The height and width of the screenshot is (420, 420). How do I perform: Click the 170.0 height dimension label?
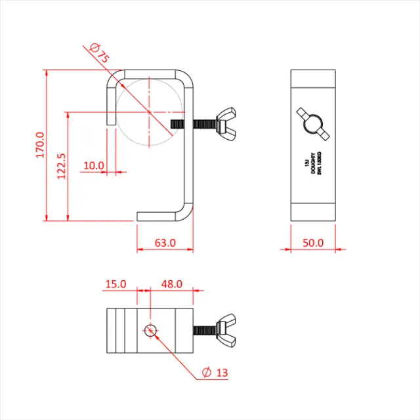[39, 144]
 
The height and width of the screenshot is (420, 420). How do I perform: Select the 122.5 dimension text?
[61, 167]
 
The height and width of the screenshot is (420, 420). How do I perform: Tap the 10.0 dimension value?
[94, 165]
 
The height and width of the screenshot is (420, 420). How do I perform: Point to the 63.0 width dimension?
[165, 242]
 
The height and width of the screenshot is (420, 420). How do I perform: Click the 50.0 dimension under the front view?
[313, 242]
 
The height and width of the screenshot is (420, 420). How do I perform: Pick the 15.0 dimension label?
[115, 284]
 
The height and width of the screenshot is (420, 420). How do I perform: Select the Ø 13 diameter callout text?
[215, 373]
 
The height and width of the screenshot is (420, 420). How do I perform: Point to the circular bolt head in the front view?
[312, 123]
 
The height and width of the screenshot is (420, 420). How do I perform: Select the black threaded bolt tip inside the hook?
[178, 123]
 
